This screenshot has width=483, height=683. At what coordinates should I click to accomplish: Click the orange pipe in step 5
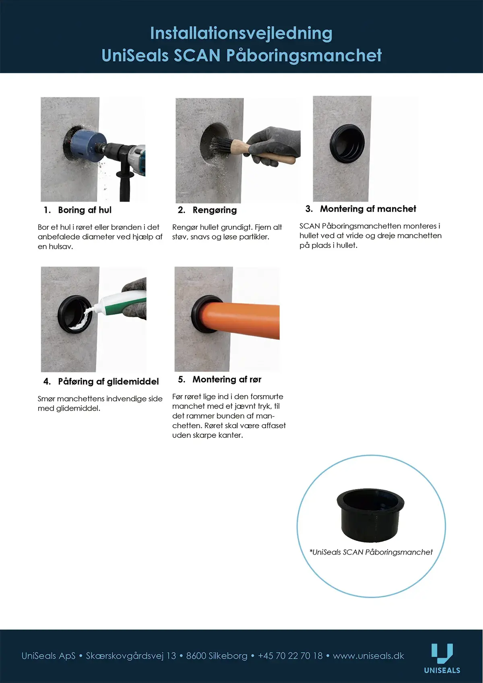(x=242, y=320)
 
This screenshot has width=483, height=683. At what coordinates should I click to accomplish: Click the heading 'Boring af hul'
(x=85, y=210)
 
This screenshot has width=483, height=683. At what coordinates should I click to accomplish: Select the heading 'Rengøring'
(x=215, y=210)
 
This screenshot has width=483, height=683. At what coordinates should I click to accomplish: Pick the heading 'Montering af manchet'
(x=368, y=209)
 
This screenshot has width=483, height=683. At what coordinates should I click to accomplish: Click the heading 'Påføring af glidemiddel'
(x=108, y=382)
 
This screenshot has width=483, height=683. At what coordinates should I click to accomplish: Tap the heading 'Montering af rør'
(x=227, y=380)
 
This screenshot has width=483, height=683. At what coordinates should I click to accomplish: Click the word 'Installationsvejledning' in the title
(x=242, y=33)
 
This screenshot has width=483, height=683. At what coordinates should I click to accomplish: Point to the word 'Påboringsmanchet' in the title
(x=304, y=55)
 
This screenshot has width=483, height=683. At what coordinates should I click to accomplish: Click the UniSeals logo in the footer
(x=442, y=658)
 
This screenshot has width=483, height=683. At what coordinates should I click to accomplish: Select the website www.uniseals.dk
(x=368, y=656)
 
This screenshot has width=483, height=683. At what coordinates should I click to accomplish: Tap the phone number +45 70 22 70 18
(x=290, y=656)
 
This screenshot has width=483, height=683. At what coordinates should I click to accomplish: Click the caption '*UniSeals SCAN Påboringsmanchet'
(x=371, y=552)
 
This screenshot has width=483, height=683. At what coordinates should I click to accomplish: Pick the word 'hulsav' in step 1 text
(x=60, y=247)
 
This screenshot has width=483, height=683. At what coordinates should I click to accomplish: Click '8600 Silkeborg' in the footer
(x=217, y=656)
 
